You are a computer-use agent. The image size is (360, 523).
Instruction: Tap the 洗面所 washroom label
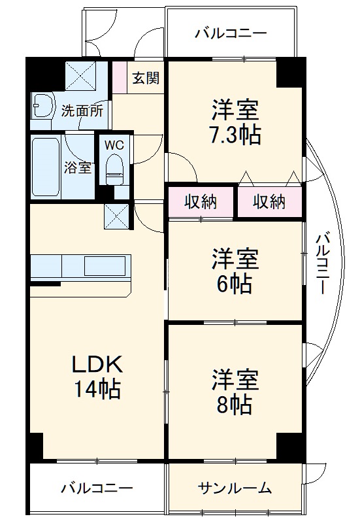point(82,110)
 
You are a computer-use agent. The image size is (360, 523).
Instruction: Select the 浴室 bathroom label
point(77,167)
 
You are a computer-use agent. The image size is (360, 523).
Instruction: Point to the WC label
point(114,144)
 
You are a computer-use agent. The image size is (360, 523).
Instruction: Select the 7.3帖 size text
point(235,135)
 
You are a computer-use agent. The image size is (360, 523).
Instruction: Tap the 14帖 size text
point(97,390)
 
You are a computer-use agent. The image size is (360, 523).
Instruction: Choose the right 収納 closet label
point(269,202)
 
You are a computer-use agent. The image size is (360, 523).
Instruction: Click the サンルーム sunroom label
point(235,488)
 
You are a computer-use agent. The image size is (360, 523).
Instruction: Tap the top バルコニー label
point(230,33)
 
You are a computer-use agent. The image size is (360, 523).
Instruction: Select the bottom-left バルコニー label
point(97,488)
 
